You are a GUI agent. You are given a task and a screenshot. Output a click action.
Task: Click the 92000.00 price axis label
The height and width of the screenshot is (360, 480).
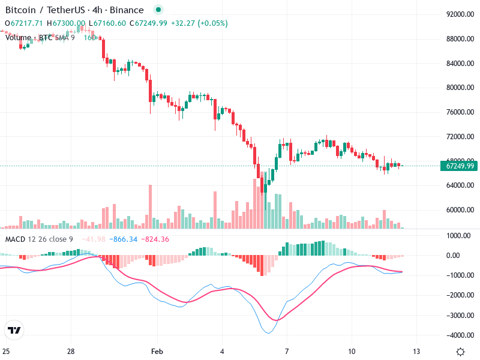click(460, 14)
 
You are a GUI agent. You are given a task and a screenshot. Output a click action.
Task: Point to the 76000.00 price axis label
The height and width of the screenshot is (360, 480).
click(460, 112)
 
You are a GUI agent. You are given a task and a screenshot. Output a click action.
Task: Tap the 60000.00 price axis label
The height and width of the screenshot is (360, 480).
click(460, 210)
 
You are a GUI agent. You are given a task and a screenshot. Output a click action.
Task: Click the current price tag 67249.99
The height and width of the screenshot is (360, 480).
click(460, 166)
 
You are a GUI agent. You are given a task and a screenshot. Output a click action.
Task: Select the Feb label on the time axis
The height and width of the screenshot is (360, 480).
click(157, 351)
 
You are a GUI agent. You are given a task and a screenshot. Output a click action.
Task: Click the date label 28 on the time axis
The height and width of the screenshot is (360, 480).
click(71, 351)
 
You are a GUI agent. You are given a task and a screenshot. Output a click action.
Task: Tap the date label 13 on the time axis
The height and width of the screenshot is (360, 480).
click(416, 351)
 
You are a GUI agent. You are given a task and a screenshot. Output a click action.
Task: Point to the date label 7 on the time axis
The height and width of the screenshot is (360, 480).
click(287, 351)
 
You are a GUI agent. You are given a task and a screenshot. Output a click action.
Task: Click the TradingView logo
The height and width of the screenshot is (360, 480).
click(14, 330)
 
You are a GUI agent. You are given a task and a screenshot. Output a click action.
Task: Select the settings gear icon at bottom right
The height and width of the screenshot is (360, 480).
click(460, 352)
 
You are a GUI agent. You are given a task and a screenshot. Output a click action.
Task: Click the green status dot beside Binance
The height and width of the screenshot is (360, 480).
click(158, 10)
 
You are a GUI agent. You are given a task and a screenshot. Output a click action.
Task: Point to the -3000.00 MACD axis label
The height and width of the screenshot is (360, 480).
click(459, 315)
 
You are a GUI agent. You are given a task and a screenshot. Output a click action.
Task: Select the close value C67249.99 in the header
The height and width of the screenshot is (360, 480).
click(148, 23)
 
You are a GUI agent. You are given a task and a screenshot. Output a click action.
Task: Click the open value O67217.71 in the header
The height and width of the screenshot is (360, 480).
click(24, 23)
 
